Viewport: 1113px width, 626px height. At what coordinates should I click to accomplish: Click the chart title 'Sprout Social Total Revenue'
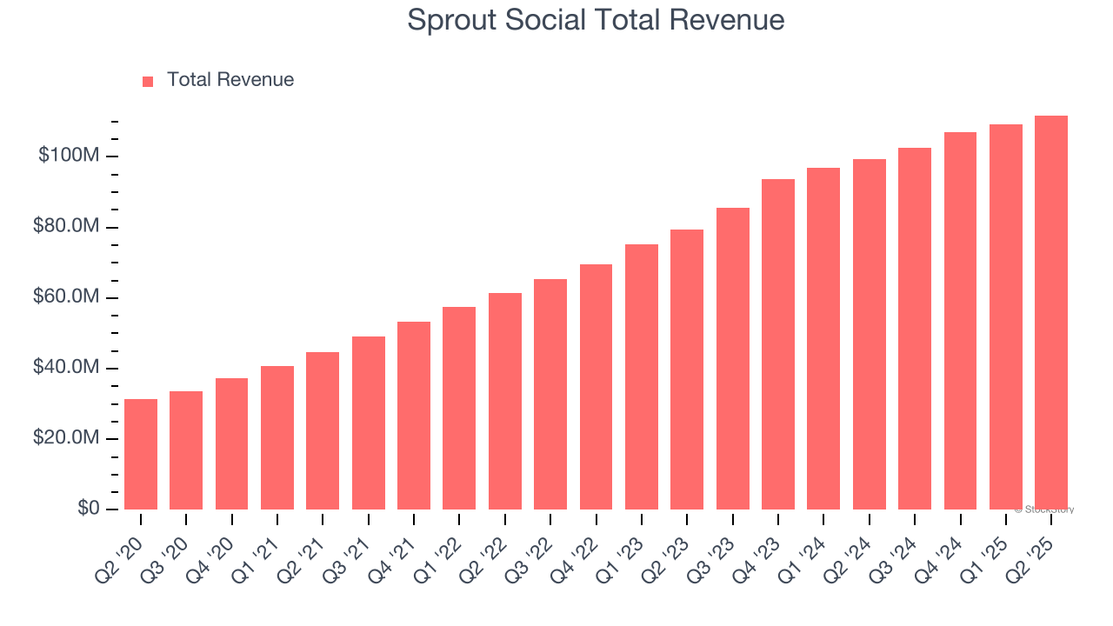pyautogui.click(x=596, y=20)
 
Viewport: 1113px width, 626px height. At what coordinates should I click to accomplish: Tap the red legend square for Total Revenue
pyautogui.click(x=148, y=81)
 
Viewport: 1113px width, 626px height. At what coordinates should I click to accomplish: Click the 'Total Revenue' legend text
pyautogui.click(x=230, y=80)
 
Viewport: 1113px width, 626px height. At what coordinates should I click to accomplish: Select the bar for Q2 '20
pyautogui.click(x=141, y=454)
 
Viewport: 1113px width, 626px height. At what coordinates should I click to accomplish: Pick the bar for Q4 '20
pyautogui.click(x=231, y=443)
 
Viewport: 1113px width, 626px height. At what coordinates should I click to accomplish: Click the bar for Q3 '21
pyautogui.click(x=368, y=423)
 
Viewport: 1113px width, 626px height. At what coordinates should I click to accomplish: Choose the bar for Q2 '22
pyautogui.click(x=504, y=401)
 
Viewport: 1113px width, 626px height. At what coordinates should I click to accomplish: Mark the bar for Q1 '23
pyautogui.click(x=641, y=376)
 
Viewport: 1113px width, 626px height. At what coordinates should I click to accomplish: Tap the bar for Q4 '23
pyautogui.click(x=777, y=344)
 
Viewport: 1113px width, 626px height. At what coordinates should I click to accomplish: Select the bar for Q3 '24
pyautogui.click(x=914, y=329)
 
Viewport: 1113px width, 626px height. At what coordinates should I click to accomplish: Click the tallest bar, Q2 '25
pyautogui.click(x=1050, y=312)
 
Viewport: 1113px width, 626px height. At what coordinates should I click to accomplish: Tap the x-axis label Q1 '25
pyautogui.click(x=991, y=547)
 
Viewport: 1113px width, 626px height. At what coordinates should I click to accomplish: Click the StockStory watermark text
pyautogui.click(x=1044, y=509)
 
